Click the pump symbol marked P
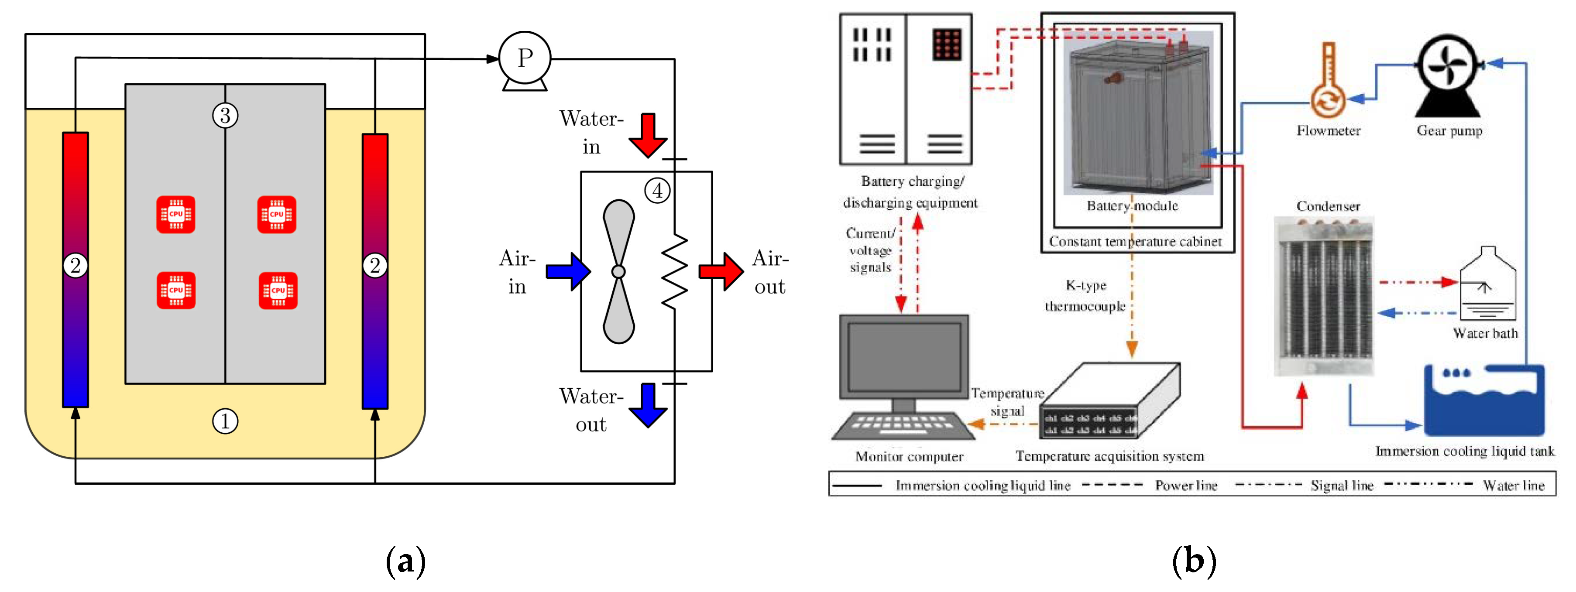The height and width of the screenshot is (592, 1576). point(524,58)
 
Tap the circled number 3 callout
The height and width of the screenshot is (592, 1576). point(225,115)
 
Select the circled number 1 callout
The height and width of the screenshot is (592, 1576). point(225,421)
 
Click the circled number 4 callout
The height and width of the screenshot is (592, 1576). point(657,190)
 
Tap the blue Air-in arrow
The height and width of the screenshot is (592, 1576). point(568,271)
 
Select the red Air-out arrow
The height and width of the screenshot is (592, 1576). point(721,271)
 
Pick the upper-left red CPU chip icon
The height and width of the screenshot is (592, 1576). point(175,214)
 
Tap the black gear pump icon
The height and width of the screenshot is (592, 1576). point(1448,73)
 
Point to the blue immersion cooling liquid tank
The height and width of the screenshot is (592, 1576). point(1483,400)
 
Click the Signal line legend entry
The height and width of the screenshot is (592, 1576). point(1341,486)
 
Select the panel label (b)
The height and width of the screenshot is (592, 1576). point(1194,560)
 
